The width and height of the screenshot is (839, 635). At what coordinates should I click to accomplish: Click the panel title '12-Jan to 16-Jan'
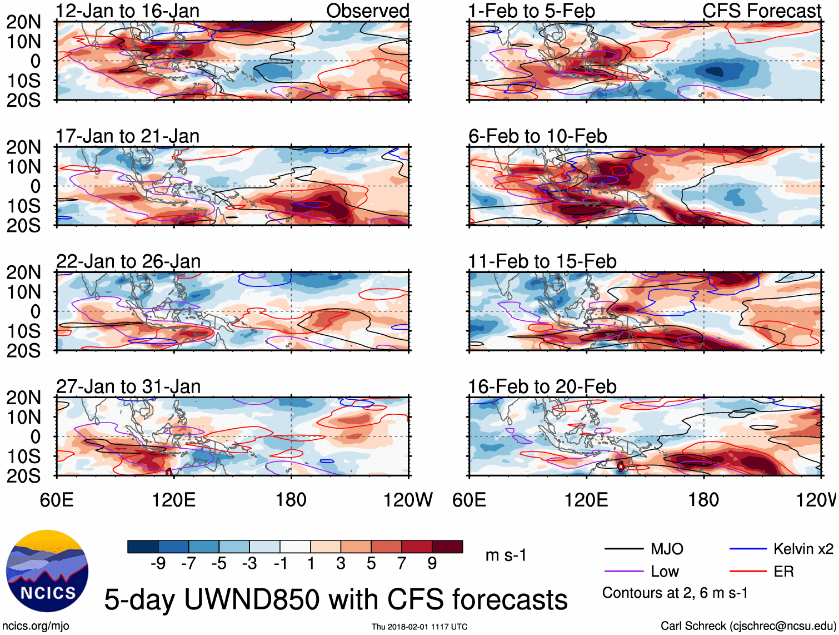127,11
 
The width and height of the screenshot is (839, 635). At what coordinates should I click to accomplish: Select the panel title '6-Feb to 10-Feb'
537,136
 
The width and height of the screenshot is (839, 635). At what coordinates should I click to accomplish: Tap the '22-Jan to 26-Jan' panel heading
128,261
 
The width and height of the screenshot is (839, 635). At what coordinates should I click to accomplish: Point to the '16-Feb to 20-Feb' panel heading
542,386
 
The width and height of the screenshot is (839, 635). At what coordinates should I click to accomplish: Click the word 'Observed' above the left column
367,11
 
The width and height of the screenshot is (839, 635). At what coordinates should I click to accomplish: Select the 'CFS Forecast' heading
761,11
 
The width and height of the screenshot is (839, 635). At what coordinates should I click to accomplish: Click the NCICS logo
47,571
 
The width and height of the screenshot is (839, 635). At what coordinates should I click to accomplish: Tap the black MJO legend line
624,549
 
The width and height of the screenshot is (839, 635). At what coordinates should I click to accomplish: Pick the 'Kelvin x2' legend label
803,549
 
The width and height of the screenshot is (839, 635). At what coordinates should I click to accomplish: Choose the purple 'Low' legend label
665,572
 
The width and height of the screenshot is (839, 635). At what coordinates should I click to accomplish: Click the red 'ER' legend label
783,572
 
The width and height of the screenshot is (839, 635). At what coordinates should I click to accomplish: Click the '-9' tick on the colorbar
158,564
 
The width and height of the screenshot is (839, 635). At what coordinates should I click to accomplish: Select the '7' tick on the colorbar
402,564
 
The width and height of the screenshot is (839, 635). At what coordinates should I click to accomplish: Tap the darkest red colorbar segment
447,547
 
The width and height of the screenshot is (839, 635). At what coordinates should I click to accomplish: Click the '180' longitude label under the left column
291,500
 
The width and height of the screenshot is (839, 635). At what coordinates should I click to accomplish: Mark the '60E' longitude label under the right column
470,500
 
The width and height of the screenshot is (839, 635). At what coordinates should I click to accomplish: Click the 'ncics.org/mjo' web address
36,626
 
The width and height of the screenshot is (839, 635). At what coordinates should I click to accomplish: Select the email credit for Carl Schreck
748,626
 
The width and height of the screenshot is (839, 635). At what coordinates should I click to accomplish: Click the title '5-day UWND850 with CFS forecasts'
336,599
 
